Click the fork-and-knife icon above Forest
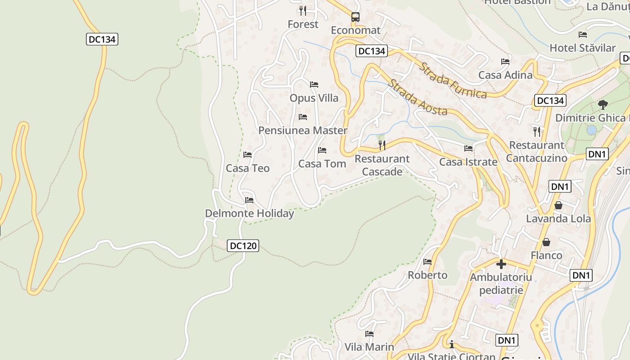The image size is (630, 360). [303, 10]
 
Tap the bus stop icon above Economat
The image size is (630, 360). [355, 17]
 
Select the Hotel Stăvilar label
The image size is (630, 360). [582, 48]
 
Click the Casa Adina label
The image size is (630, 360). [505, 75]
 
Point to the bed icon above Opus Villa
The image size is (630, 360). [314, 85]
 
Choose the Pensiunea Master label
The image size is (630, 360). [303, 130]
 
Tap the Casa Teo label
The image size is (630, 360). [247, 168]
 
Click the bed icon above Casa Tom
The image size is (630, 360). [322, 150]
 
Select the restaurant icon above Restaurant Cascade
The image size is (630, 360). [382, 145]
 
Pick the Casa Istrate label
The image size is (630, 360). [468, 162]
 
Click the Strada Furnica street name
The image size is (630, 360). [453, 81]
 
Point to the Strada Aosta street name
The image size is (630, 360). [418, 98]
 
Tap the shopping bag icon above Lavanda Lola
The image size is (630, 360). [558, 205]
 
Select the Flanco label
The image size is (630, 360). [546, 255]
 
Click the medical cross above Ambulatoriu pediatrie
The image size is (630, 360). [501, 264]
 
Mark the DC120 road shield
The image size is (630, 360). [243, 246]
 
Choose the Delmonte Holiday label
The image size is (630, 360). [249, 213]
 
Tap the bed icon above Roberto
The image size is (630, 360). [427, 261]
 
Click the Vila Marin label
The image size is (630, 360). [369, 347]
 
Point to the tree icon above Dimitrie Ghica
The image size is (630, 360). [603, 105]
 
